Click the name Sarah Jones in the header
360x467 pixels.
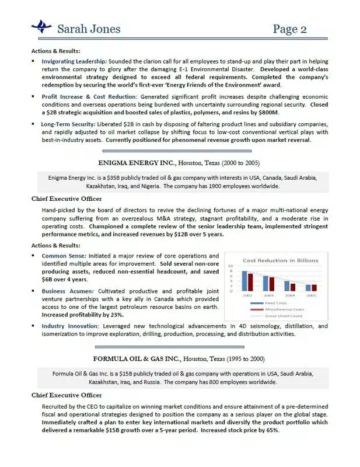click(89, 28)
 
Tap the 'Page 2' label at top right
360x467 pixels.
click(289, 28)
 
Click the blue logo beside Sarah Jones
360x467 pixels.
click(45, 26)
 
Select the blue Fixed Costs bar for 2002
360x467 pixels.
click(245, 281)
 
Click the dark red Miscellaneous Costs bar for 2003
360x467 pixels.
click(272, 284)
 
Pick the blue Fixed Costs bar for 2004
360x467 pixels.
click(286, 286)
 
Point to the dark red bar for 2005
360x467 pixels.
click(314, 287)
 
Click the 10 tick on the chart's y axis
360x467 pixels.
click(231, 266)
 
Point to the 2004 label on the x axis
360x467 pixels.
click(290, 295)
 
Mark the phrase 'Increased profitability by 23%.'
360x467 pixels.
click(82, 315)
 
